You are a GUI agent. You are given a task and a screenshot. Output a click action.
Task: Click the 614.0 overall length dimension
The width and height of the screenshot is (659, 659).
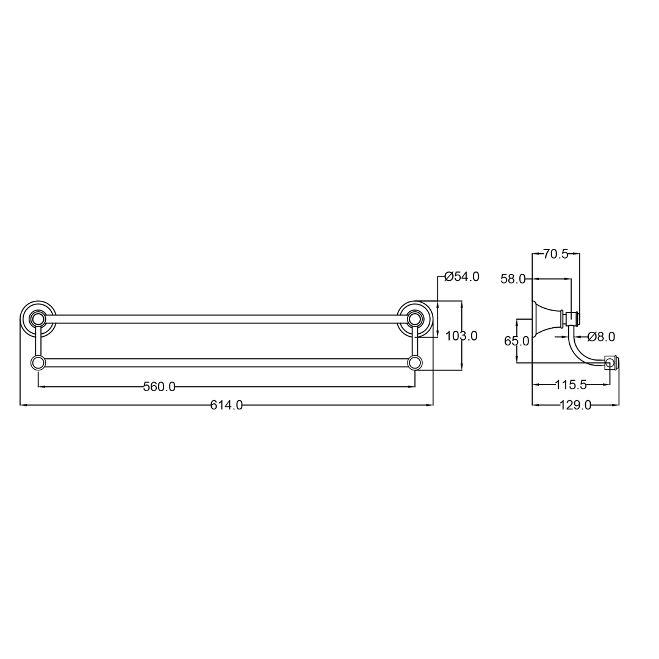tap(226, 405)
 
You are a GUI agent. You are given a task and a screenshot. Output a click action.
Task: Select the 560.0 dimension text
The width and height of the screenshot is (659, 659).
tap(159, 387)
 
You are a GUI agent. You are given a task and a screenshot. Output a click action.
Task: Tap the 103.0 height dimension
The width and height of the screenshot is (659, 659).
tap(461, 336)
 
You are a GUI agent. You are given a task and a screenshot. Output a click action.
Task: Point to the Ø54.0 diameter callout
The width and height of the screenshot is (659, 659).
tap(462, 276)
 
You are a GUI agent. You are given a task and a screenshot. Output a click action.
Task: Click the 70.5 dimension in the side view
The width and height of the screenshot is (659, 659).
tap(556, 254)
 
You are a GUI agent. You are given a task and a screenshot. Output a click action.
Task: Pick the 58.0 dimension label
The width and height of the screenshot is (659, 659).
tap(513, 279)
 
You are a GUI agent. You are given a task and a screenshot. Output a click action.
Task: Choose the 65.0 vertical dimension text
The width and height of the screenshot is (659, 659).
tap(517, 341)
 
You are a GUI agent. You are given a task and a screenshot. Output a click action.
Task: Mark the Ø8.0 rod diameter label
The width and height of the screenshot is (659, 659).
tap(602, 337)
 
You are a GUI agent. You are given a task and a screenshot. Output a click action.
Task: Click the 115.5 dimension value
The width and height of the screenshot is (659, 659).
tap(571, 384)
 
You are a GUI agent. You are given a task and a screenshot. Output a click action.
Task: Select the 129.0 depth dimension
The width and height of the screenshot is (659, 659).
tap(575, 405)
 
